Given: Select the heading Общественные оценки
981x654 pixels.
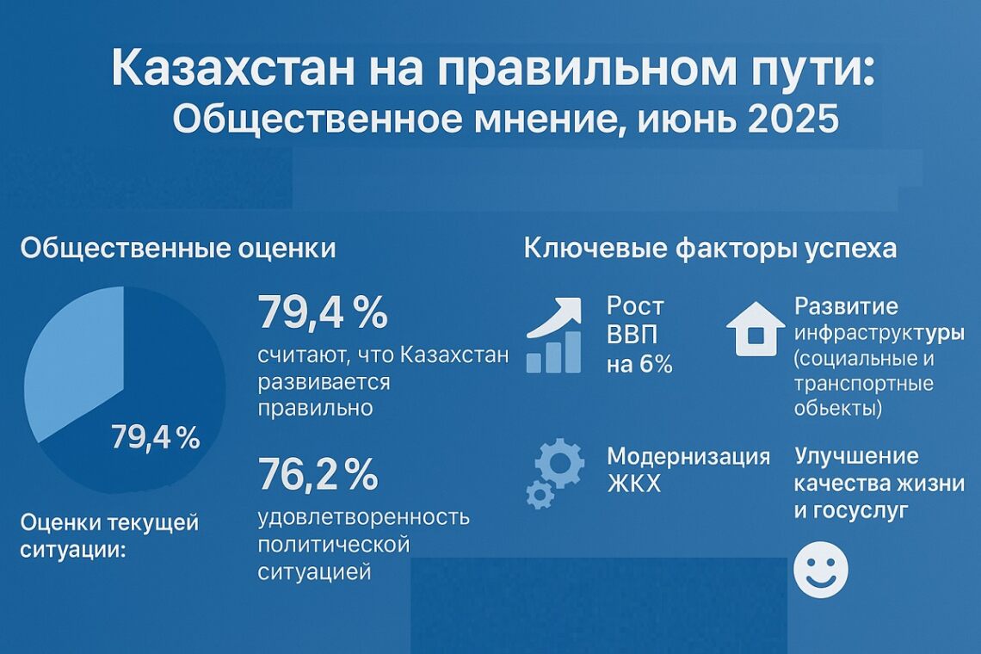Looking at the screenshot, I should tap(178, 249).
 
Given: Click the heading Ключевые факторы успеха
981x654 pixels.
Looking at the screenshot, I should tap(710, 249).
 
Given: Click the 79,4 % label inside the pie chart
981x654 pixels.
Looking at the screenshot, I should tap(156, 439).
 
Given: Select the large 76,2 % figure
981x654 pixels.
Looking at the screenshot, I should tap(318, 474).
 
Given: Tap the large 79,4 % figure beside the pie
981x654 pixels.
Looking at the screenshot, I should tap(323, 313).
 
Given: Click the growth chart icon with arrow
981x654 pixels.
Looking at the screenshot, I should tap(558, 336).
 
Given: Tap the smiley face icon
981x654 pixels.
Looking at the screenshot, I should tap(820, 569).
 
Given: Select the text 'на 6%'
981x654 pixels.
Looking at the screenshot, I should tap(639, 364).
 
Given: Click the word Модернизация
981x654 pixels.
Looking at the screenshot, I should tap(688, 456).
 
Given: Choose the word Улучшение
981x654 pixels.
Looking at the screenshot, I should tap(856, 456).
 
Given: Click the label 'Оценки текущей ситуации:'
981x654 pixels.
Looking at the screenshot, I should tap(109, 534).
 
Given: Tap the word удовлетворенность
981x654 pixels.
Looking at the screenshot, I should tap(364, 516).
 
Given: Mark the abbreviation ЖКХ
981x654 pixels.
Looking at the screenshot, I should tap(635, 484).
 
